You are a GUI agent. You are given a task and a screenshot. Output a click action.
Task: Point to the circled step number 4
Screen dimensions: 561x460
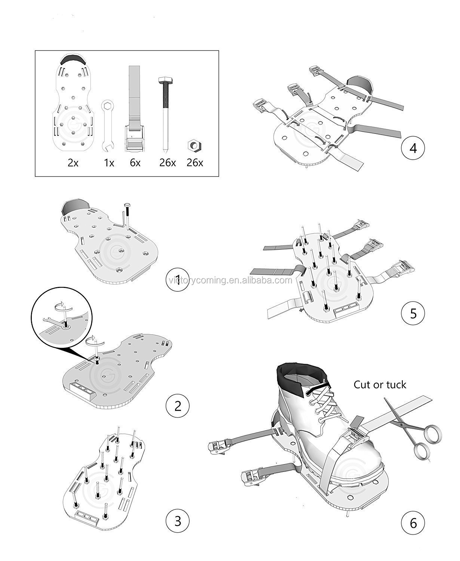tap(413, 148)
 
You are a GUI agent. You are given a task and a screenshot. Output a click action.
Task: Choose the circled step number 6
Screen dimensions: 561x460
tap(413, 522)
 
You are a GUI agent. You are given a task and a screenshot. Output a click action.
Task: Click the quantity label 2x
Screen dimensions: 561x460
tap(73, 163)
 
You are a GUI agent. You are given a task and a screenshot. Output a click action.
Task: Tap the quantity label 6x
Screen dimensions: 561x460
tap(135, 163)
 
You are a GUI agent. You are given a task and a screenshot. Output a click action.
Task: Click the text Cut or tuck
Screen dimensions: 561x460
tap(380, 384)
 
